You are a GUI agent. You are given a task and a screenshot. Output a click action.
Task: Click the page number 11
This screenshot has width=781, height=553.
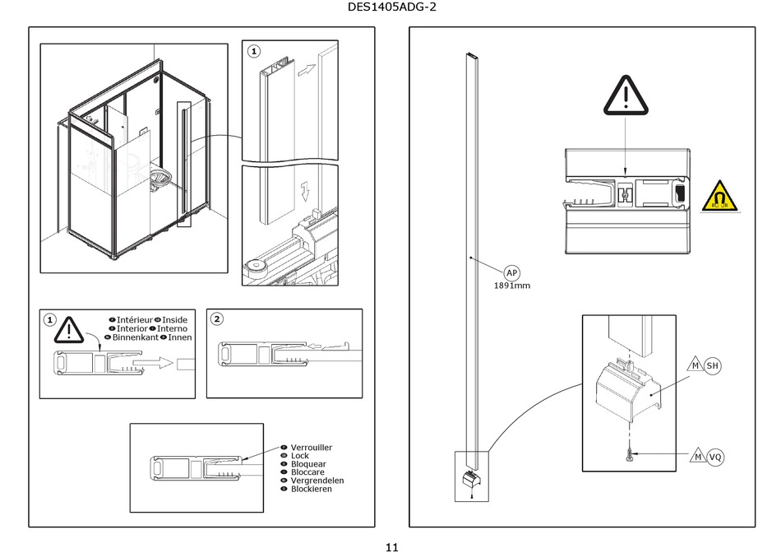point(391,546)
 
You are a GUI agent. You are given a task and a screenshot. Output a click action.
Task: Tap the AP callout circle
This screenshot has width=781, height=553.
point(511,273)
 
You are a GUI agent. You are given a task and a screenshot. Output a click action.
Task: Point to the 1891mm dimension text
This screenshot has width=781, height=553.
point(512,286)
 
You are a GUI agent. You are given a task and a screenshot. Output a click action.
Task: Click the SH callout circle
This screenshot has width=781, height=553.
point(712,365)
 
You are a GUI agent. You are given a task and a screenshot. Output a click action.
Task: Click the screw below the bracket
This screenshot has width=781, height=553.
point(630,454)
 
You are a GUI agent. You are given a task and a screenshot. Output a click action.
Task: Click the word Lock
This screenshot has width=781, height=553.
point(300,456)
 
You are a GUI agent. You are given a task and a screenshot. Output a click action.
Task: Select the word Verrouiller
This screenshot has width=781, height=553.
point(312,448)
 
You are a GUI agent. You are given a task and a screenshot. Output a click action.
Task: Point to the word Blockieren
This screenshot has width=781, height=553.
point(312,489)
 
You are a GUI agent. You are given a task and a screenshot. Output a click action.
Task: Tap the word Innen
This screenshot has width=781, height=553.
point(180,337)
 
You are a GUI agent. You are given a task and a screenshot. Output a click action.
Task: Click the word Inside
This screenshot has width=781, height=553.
point(175,320)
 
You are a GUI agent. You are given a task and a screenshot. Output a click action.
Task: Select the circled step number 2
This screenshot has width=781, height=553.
point(217,319)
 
